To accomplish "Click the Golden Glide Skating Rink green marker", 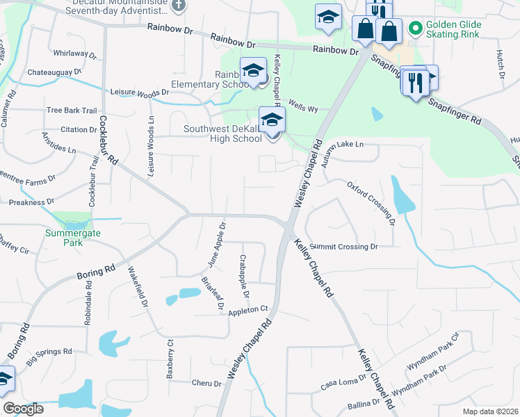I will click(x=415, y=28).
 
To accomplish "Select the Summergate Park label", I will click(x=72, y=234).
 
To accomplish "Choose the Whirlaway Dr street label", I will click(x=74, y=54).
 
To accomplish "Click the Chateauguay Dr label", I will click(x=54, y=72).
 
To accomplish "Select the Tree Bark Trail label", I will click(x=71, y=111).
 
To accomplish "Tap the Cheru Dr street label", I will click(x=206, y=383).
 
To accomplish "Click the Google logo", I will click(x=23, y=409).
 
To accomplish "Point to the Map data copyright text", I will click(x=489, y=411).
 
